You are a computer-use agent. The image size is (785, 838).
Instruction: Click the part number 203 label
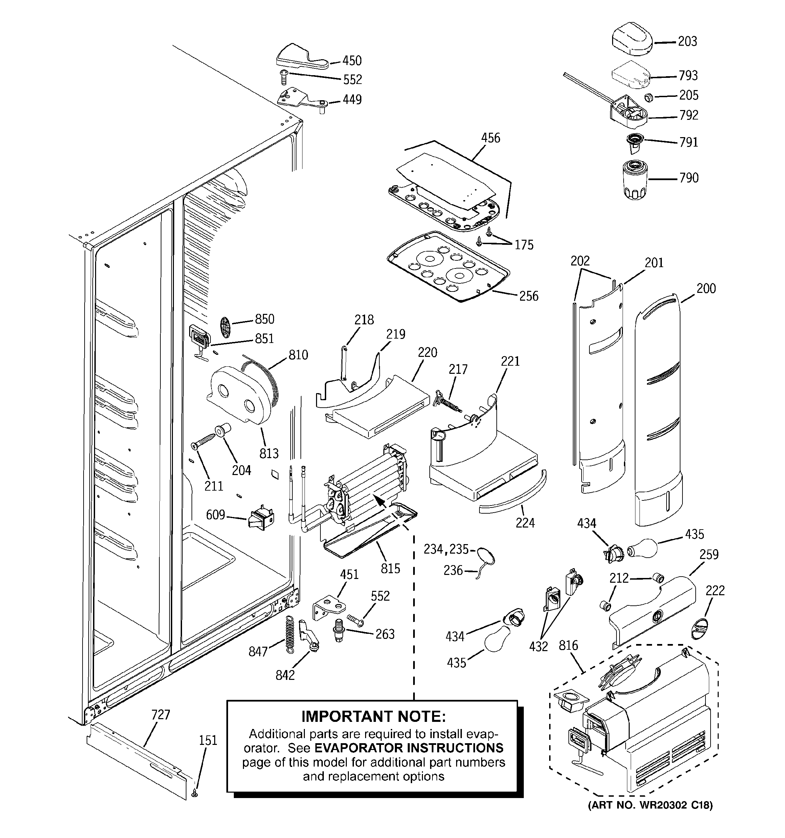coord(687,41)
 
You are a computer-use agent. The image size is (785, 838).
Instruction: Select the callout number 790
coord(689,178)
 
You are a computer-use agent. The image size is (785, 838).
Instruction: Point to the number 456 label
coord(491,138)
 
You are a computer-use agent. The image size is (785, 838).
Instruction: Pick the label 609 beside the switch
coord(215,515)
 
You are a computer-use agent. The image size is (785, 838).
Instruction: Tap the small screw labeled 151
coord(195,793)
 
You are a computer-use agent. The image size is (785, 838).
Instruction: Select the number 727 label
coord(160,715)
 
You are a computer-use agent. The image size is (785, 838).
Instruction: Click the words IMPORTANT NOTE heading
coord(373,716)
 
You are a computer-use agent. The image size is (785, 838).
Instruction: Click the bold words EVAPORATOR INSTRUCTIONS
coord(409,748)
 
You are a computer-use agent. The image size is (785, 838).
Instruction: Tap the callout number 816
coord(568,645)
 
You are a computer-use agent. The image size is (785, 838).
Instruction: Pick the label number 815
coord(390,568)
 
